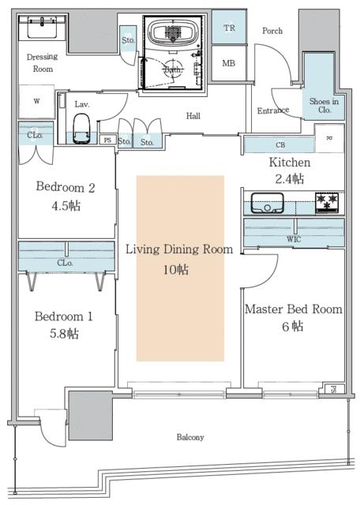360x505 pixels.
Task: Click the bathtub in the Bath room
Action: click(x=172, y=33)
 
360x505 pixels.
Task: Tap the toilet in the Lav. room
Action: click(x=81, y=129)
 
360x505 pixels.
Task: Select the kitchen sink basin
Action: click(x=267, y=203)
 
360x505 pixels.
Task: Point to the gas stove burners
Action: click(x=327, y=202)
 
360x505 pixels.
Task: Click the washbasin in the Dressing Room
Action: click(x=42, y=28)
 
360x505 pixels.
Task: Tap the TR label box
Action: click(x=229, y=28)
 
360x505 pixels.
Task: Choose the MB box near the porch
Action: click(x=228, y=63)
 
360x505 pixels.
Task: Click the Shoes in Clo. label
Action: click(x=324, y=105)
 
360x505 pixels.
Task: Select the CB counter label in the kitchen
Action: click(x=280, y=145)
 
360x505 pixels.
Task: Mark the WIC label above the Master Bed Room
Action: click(x=294, y=239)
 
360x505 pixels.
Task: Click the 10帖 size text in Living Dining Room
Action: click(x=175, y=269)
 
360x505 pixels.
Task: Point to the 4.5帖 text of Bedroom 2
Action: click(x=66, y=205)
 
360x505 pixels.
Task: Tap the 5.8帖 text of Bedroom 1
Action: click(x=64, y=333)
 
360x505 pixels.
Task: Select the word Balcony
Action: click(x=190, y=437)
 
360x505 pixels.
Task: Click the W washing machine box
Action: click(x=36, y=101)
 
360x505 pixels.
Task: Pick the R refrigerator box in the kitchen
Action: click(x=329, y=138)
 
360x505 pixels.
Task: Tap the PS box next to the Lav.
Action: click(x=107, y=140)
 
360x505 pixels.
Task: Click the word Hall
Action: click(x=193, y=116)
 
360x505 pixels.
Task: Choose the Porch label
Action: click(x=272, y=31)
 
